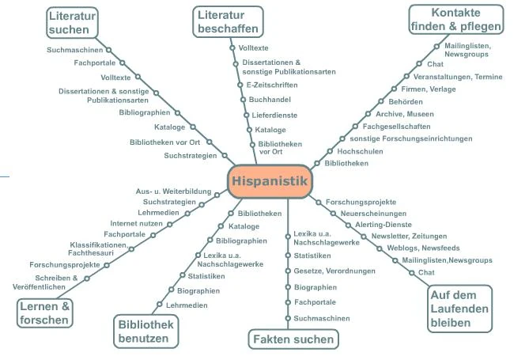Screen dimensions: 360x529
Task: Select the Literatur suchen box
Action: click(x=70, y=21)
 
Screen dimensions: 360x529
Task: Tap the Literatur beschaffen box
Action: click(x=221, y=21)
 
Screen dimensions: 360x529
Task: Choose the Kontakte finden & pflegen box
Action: click(x=456, y=20)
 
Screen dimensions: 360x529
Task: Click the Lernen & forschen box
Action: click(x=45, y=313)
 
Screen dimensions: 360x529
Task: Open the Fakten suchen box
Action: click(x=294, y=339)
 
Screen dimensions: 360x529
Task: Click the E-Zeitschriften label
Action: click(x=272, y=84)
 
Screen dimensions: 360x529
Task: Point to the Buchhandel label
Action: click(x=270, y=100)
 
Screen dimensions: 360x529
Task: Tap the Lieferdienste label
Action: click(x=274, y=115)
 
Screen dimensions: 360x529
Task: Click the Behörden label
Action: click(x=405, y=102)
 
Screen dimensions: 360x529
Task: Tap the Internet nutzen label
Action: click(x=136, y=224)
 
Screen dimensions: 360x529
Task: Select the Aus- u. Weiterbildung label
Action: click(x=173, y=192)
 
